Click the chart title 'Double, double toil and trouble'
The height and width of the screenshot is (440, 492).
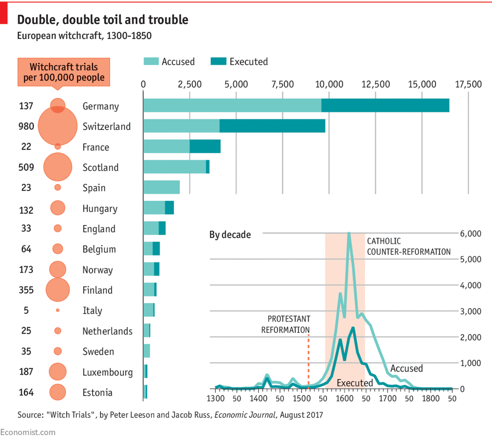pyautogui.click(x=103, y=20)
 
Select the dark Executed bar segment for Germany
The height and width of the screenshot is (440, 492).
pyautogui.click(x=385, y=105)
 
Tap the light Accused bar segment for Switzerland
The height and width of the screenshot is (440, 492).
pyautogui.click(x=181, y=126)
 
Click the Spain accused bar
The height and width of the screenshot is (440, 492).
pyautogui.click(x=161, y=187)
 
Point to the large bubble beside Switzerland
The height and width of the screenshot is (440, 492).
pyautogui.click(x=57, y=126)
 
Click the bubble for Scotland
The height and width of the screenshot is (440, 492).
pyautogui.click(x=58, y=167)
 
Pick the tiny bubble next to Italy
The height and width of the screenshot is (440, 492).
pyautogui.click(x=58, y=310)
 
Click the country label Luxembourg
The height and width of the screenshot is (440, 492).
pyautogui.click(x=108, y=372)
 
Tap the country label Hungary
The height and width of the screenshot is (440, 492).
pyautogui.click(x=100, y=208)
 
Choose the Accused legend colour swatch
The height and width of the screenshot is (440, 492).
pyautogui.click(x=151, y=62)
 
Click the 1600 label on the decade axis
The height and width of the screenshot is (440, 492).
pyautogui.click(x=344, y=398)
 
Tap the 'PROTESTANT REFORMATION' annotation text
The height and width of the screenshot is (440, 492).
pyautogui.click(x=285, y=324)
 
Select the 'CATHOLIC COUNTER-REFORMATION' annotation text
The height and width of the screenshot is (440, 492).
pyautogui.click(x=408, y=246)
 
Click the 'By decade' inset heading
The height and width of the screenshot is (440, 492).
pyautogui.click(x=230, y=235)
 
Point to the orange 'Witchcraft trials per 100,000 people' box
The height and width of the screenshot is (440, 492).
pyautogui.click(x=64, y=72)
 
